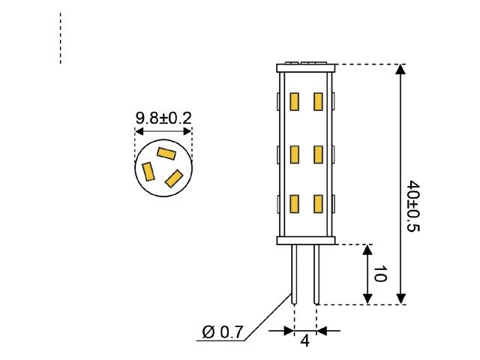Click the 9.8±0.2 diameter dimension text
pos(163,118)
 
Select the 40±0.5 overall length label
pos(412,205)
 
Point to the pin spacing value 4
pos(305,340)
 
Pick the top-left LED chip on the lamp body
pos(294,100)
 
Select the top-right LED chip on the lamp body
pos(318,100)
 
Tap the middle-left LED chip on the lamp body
pos(294,154)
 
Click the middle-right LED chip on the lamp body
pos(318,154)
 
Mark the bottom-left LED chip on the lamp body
pos(294,204)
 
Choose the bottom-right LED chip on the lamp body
pos(318,204)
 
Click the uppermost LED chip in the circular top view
pos(166,153)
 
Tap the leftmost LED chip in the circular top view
pos(148,171)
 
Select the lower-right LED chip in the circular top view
pos(174,178)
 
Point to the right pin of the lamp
pos(316,273)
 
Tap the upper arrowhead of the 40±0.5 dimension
pos(401,70)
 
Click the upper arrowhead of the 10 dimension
pos(367,250)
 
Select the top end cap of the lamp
pos(305,67)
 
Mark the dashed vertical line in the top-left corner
pos(60,37)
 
